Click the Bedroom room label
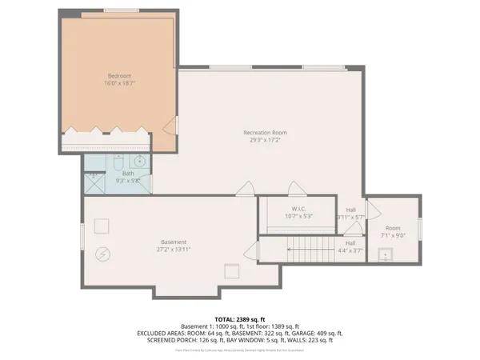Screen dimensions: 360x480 [x=119, y=76]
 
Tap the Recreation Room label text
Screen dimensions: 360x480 [x=266, y=132]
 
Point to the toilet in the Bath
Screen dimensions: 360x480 [x=118, y=163]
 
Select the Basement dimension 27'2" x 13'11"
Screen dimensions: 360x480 [x=173, y=250]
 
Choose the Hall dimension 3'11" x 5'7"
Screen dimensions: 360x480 [x=350, y=217]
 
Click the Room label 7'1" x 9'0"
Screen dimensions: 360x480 [x=392, y=234]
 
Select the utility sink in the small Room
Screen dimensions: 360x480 [x=388, y=256]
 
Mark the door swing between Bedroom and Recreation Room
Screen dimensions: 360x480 [x=170, y=126]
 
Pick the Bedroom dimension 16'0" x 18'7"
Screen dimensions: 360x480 [x=119, y=83]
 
